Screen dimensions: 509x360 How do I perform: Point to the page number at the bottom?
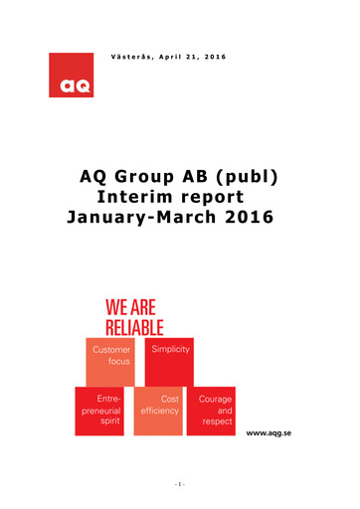(x=180, y=485)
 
